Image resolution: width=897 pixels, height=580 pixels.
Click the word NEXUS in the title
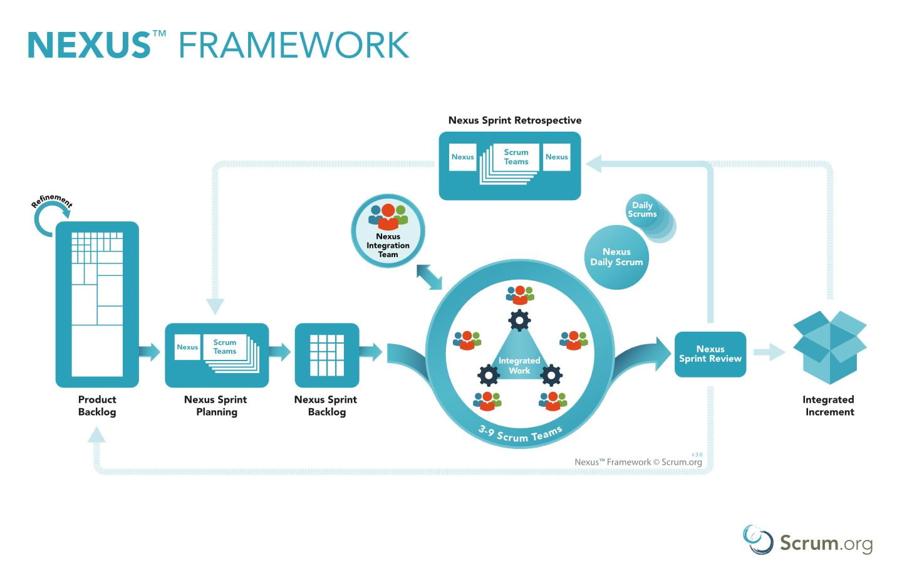pyautogui.click(x=88, y=45)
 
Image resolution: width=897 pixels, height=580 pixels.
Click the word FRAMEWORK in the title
pyautogui.click(x=294, y=45)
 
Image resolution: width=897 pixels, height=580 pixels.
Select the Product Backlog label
pyautogui.click(x=97, y=406)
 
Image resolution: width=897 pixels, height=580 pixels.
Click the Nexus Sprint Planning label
pyautogui.click(x=216, y=406)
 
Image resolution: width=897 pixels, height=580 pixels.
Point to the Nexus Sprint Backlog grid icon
pyautogui.click(x=327, y=355)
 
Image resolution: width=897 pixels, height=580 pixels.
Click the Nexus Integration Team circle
pyautogui.click(x=388, y=231)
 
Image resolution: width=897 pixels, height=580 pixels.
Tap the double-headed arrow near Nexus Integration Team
pyautogui.click(x=429, y=277)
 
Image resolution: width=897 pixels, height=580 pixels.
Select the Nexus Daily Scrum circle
pyautogui.click(x=616, y=257)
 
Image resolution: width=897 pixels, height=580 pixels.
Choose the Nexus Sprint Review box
pyautogui.click(x=710, y=354)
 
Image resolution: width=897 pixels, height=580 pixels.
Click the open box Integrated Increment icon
pyautogui.click(x=830, y=347)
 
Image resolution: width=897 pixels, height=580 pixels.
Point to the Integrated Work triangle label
pyautogui.click(x=519, y=366)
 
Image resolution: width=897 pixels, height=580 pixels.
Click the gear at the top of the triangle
pyautogui.click(x=519, y=320)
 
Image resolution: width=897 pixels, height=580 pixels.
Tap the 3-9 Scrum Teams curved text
pyautogui.click(x=520, y=434)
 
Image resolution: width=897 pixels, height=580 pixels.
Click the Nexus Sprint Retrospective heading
pyautogui.click(x=515, y=120)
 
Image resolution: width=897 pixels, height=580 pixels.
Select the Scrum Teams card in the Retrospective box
pyautogui.click(x=516, y=157)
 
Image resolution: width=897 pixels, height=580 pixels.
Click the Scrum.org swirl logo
pyautogui.click(x=758, y=540)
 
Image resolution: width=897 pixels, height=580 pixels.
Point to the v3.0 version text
pyautogui.click(x=697, y=455)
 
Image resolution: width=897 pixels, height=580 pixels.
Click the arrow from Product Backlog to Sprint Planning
pyautogui.click(x=149, y=352)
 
